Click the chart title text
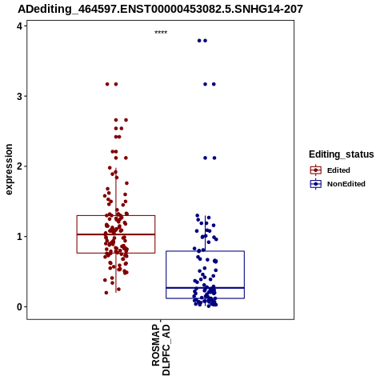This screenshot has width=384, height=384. click(x=160, y=9)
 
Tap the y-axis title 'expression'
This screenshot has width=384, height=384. click(x=9, y=170)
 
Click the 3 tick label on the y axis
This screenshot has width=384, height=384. click(x=19, y=96)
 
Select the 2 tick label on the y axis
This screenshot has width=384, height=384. click(x=19, y=166)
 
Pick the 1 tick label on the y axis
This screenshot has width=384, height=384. click(x=19, y=237)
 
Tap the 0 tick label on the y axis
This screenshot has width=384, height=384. click(x=19, y=307)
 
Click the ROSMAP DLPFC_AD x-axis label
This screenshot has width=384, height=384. click(x=161, y=350)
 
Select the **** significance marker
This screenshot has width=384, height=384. click(x=161, y=32)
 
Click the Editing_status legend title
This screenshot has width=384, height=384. click(x=342, y=154)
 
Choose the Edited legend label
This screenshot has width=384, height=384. click(x=338, y=170)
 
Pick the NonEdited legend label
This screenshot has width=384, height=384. click(x=346, y=184)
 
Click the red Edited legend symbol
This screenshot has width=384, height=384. click(x=316, y=170)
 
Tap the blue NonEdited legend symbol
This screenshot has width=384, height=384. click(x=316, y=184)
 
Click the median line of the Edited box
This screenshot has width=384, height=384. click(x=116, y=234)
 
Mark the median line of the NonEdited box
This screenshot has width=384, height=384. click(x=205, y=288)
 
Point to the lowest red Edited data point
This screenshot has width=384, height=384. click(x=106, y=293)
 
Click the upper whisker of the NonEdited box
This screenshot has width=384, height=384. click(x=205, y=234)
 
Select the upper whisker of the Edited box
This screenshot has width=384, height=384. click(x=116, y=192)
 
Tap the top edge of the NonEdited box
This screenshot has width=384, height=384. click(x=205, y=251)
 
